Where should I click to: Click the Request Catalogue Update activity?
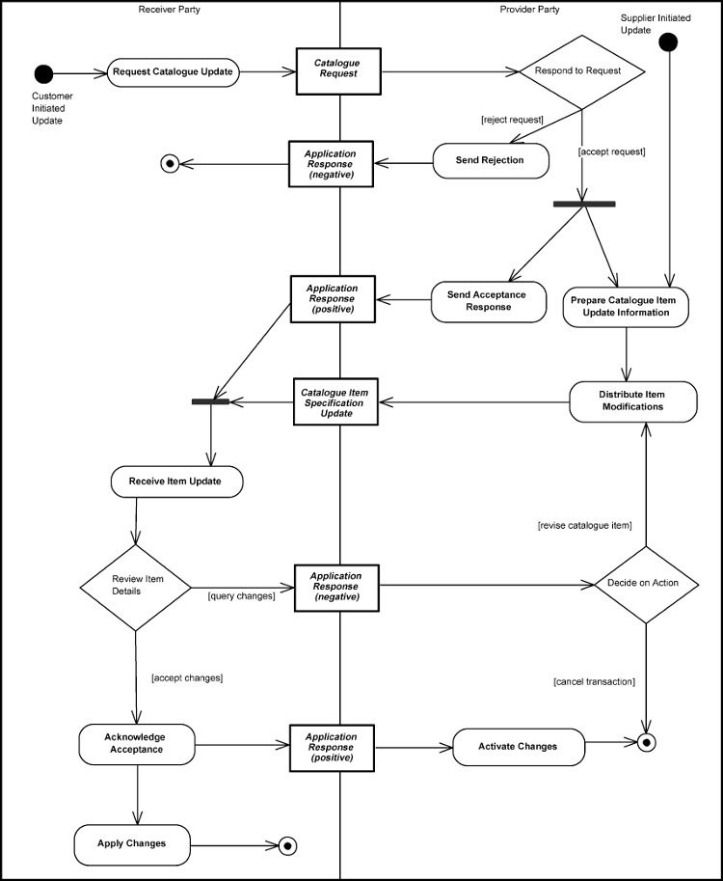(x=173, y=71)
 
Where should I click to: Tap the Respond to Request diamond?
(x=581, y=71)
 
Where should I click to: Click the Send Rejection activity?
(x=491, y=160)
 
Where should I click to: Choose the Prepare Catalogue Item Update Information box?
(x=626, y=306)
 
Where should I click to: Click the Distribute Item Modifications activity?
(x=631, y=401)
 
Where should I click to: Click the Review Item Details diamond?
(x=134, y=585)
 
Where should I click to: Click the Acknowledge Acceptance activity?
(x=135, y=743)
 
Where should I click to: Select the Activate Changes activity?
(x=518, y=746)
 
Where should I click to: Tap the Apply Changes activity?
(x=132, y=843)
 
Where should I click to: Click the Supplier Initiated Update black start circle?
(x=668, y=41)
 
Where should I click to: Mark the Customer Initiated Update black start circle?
(x=42, y=73)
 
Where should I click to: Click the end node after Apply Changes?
(x=286, y=845)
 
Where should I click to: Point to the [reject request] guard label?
(x=512, y=120)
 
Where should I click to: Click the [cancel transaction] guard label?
(x=594, y=682)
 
